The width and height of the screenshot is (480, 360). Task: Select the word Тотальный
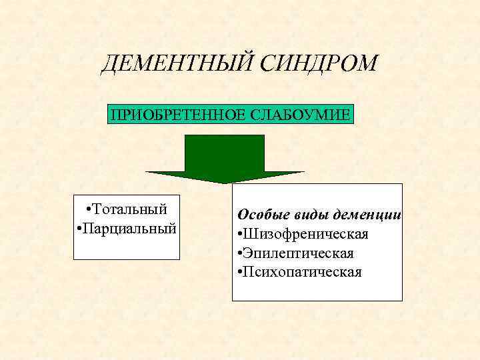click(x=131, y=209)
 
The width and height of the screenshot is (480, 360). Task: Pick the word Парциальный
click(x=131, y=228)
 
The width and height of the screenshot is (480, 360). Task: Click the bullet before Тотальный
click(x=89, y=209)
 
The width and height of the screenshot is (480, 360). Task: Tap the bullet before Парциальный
click(x=79, y=229)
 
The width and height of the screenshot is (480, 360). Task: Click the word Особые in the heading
click(x=261, y=215)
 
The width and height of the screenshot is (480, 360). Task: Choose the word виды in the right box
click(x=306, y=215)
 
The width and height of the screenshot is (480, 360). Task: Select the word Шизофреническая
click(x=306, y=235)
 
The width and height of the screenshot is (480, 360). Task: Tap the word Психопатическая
click(x=303, y=272)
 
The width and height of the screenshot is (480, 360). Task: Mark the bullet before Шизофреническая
click(x=239, y=235)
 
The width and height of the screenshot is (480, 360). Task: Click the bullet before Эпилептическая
click(x=239, y=254)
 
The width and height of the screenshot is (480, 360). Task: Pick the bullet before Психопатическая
click(x=239, y=273)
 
